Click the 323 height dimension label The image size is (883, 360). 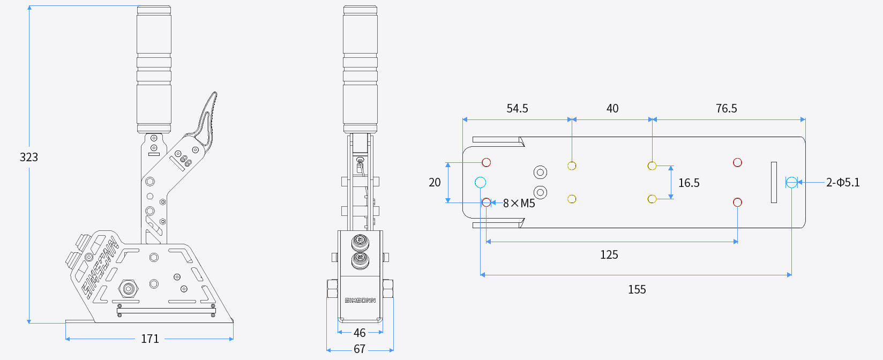pos(29,157)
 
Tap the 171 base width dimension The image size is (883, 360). pos(150,339)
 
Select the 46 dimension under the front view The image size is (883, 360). pos(360,333)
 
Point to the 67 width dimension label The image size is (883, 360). pos(360,349)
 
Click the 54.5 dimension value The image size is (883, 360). pos(517,109)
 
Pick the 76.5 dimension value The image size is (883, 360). pos(726,109)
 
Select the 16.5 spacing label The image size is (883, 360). pos(689,183)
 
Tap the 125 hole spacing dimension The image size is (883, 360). pos(609,255)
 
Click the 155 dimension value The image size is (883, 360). pos(637,290)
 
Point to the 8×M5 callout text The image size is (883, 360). pos(519,204)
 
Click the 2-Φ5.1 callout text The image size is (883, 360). pos(843,183)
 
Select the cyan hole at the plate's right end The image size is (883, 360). pos(791,183)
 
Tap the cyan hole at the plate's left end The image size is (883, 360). pos(480,183)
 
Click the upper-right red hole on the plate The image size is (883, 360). pos(737,162)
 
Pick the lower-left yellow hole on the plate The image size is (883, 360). pos(572,199)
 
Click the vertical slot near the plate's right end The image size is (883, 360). pos(774,183)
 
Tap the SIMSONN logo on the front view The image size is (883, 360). pos(360,300)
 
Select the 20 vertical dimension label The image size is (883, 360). pos(435,183)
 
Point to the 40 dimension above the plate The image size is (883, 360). pos(612,109)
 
